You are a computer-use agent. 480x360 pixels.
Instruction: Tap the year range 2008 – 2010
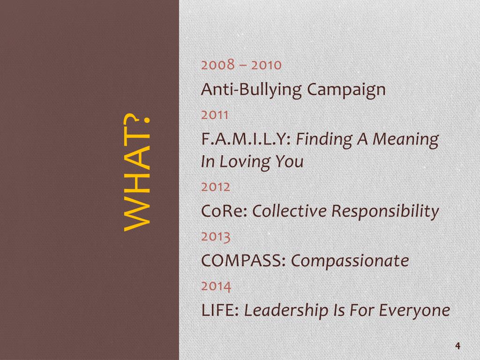point(241,65)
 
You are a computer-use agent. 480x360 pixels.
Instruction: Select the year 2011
point(215,114)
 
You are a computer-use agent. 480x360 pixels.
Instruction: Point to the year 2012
point(216,187)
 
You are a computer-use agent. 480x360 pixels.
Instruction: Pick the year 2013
point(216,236)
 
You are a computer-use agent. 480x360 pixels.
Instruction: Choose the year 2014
point(216,285)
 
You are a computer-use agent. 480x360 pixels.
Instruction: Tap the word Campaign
point(346,90)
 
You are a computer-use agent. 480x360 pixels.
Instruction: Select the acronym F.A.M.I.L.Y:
point(247,139)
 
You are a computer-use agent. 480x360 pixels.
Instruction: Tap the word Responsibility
point(385,212)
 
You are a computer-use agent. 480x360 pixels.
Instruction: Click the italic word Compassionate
point(350,261)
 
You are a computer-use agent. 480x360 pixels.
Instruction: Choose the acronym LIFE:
point(220,310)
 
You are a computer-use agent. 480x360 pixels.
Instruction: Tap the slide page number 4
point(457,346)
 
